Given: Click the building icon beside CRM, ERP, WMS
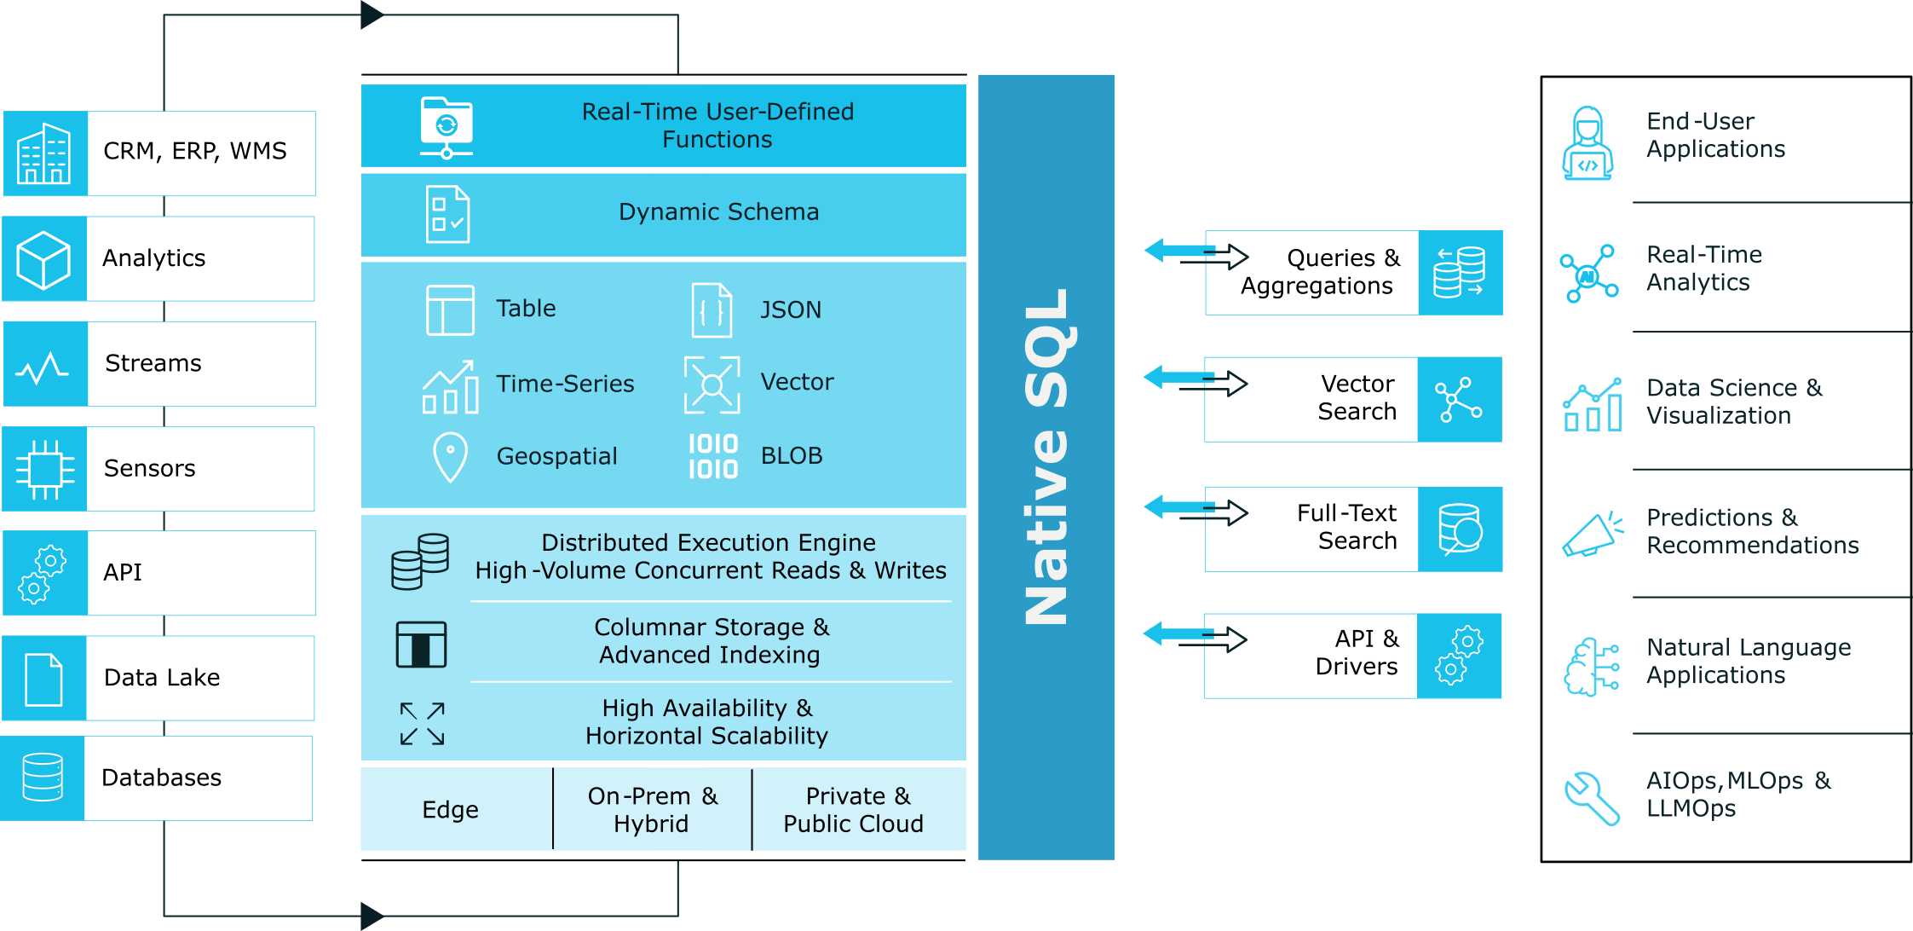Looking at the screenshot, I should click(44, 153).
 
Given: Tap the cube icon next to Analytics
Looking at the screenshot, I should click(43, 259).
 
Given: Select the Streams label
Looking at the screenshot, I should click(153, 363).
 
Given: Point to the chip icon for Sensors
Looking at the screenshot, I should click(44, 469).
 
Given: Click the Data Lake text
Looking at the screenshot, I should click(162, 678).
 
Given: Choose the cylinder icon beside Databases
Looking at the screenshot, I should click(43, 778).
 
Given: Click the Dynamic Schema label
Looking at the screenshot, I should click(718, 211).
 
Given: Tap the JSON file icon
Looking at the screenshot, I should click(712, 309).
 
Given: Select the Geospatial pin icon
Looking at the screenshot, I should click(451, 457).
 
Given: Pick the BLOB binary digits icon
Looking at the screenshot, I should click(713, 456).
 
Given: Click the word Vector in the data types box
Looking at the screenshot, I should click(797, 382).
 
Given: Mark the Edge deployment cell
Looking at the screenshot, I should click(451, 809).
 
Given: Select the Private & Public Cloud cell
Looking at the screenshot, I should click(853, 809).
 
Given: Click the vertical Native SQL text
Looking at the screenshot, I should click(1046, 456).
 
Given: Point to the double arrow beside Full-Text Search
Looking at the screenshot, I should click(1195, 511).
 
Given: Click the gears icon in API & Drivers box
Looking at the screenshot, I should click(1459, 656).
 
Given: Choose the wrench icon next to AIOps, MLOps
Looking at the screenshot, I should click(1591, 798).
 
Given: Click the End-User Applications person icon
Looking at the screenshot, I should click(1587, 143).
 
